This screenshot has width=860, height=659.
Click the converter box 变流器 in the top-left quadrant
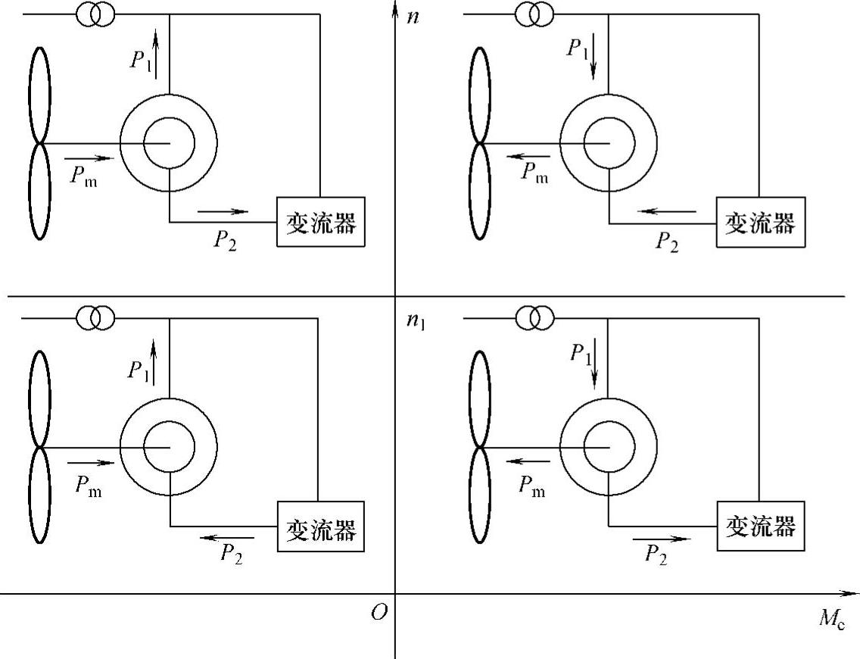(x=321, y=223)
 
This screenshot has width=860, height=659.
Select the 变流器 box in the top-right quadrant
(x=760, y=223)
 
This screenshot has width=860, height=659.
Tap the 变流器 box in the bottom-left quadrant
(x=321, y=526)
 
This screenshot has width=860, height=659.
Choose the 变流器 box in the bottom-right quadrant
(x=760, y=526)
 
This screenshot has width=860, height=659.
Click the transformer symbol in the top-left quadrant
(x=95, y=14)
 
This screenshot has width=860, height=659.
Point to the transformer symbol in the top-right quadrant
(x=534, y=14)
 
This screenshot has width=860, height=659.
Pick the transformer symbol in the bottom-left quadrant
(x=95, y=318)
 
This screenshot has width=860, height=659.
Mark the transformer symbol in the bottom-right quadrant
(x=534, y=318)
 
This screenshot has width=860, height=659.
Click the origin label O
(x=379, y=613)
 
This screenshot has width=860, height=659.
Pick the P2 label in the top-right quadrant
(x=667, y=241)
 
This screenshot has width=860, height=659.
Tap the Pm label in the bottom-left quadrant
(x=88, y=487)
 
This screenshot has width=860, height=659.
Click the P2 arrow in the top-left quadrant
(x=223, y=211)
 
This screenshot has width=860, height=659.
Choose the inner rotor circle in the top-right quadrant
(x=608, y=142)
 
